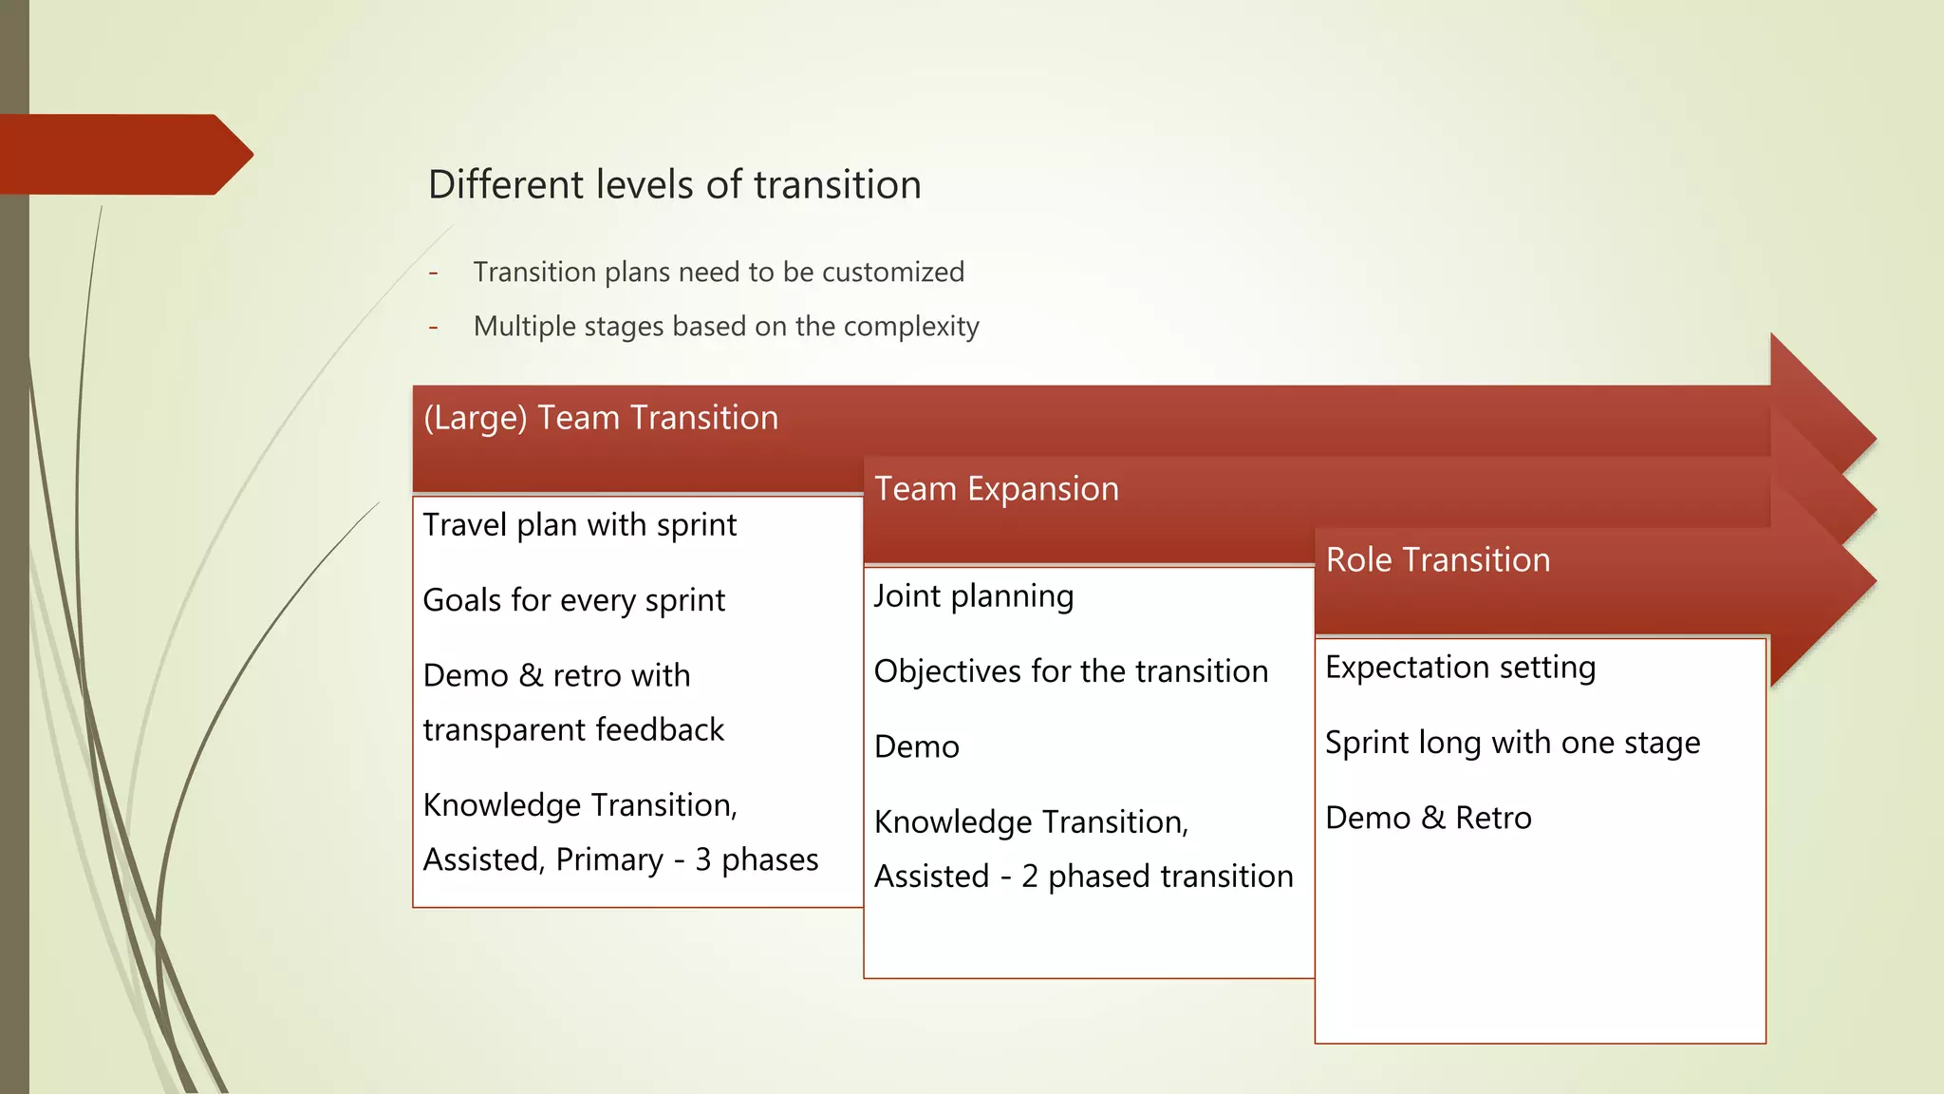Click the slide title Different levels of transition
tap(674, 184)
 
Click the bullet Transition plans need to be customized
tap(719, 273)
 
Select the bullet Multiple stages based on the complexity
tap(725, 327)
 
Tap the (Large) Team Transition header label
tap(601, 418)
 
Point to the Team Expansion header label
tap(996, 489)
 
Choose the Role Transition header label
tap(1437, 560)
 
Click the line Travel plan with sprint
tap(579, 525)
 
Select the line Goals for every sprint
tap(573, 600)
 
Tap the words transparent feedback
tap(573, 730)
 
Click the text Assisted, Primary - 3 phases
tap(620, 859)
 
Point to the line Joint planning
tap(973, 596)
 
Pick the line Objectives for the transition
tap(1071, 671)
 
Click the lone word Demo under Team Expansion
tap(916, 747)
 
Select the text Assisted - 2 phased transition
tap(1083, 877)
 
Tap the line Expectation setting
tap(1460, 668)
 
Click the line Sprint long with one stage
tap(1512, 743)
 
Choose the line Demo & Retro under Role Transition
tap(1428, 819)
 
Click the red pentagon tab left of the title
tap(123, 155)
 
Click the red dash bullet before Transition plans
tap(433, 273)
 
